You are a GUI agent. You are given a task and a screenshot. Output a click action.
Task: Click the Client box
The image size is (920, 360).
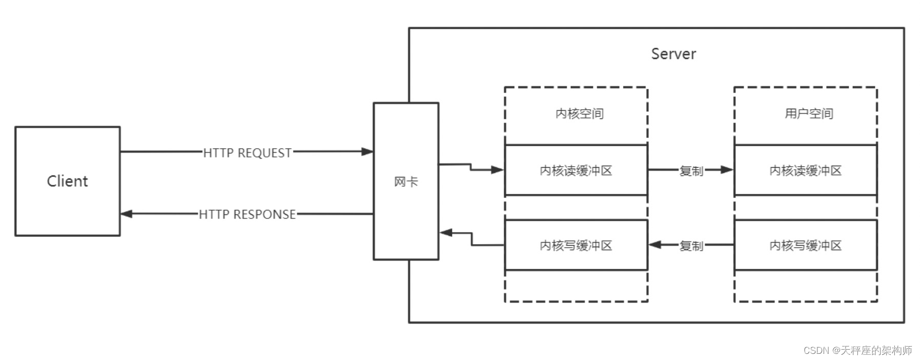[67, 181]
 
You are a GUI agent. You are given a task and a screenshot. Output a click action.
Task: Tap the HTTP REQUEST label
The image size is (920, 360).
[247, 153]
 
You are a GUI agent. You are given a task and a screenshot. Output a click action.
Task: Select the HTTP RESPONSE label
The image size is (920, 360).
[247, 214]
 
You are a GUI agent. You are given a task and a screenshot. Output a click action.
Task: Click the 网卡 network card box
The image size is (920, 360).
[406, 182]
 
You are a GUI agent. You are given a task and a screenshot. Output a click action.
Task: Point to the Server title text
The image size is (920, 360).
[673, 54]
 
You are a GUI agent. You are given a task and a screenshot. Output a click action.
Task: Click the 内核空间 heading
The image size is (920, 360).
[579, 113]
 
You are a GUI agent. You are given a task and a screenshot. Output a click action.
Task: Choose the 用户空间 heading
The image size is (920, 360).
[809, 113]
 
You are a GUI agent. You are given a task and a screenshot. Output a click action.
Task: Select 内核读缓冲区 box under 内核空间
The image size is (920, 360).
[576, 170]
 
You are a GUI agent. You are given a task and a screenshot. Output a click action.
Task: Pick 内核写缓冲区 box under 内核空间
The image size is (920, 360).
[576, 246]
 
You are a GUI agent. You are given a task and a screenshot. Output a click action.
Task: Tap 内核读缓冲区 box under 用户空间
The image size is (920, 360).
[805, 170]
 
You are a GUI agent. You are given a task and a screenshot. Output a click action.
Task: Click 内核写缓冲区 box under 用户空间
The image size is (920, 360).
[805, 246]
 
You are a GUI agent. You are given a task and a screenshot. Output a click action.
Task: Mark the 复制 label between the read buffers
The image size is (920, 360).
[691, 171]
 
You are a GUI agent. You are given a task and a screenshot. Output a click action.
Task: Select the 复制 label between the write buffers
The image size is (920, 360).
[691, 246]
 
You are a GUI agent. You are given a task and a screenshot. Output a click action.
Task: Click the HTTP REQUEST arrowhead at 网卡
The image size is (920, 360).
[368, 152]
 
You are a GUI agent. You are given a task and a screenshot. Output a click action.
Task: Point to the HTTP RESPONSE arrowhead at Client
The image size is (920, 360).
[126, 214]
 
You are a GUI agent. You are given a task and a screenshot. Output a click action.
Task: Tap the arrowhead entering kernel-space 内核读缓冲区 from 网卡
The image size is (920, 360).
[498, 170]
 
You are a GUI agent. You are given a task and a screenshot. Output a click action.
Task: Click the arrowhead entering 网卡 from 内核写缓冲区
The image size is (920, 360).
[446, 233]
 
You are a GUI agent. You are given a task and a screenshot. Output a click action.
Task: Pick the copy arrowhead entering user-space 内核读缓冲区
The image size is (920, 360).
[727, 170]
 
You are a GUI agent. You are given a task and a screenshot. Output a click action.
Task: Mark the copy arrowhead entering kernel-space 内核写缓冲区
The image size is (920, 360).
[655, 245]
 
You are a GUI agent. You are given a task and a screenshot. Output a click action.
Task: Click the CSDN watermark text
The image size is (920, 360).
[857, 350]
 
